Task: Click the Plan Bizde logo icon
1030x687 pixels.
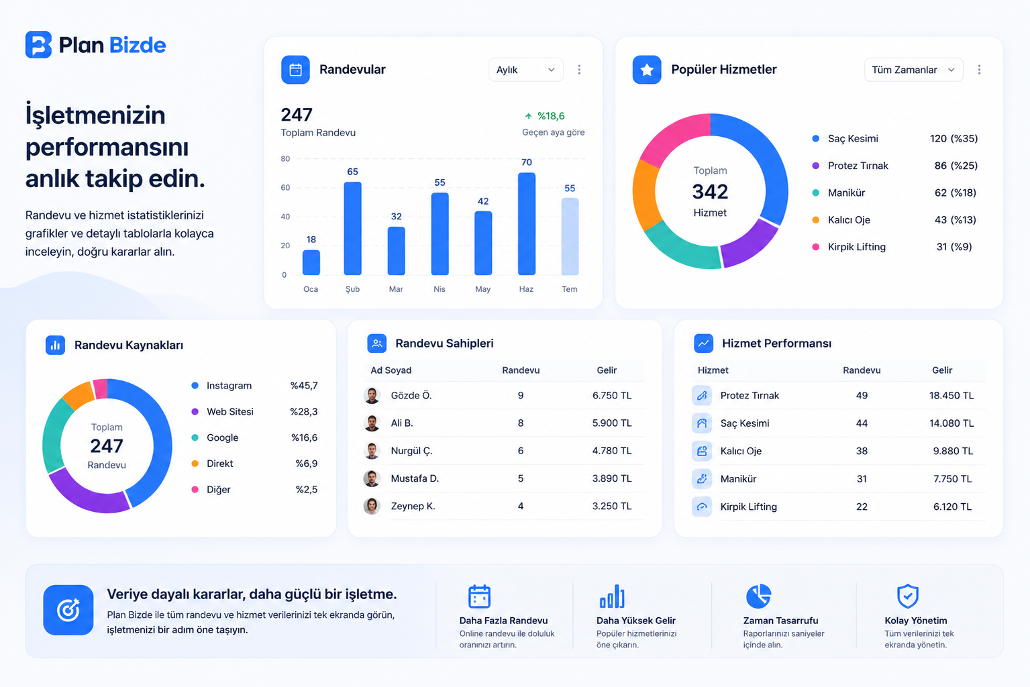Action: point(38,44)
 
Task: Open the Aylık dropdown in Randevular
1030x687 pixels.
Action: point(525,69)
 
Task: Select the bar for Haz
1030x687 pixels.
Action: point(527,224)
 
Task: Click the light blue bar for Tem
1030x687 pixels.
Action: point(570,236)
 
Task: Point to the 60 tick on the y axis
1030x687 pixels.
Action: point(285,188)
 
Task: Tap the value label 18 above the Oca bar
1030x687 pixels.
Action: point(311,240)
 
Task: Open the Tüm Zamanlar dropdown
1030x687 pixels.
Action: point(913,69)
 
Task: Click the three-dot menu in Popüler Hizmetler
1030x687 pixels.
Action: point(979,69)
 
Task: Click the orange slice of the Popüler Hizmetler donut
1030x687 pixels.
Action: point(643,195)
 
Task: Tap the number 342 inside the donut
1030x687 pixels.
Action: point(710,191)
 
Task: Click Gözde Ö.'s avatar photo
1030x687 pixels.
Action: point(372,395)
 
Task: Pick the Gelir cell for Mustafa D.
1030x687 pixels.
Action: point(611,478)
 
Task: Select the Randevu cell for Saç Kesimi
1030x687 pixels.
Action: point(862,423)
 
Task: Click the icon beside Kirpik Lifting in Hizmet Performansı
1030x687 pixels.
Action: point(702,507)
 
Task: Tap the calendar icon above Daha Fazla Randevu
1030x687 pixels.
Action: point(479,596)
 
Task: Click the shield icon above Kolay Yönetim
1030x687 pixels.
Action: point(908,596)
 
